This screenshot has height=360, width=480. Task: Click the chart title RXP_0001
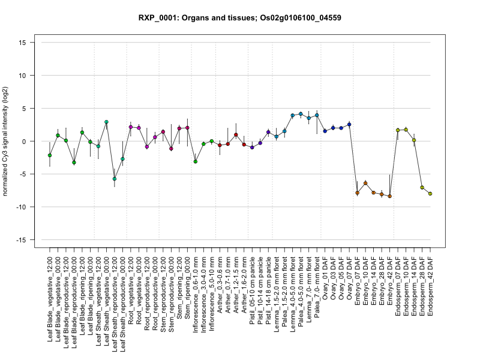(240, 18)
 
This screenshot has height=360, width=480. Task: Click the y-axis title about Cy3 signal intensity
(8, 141)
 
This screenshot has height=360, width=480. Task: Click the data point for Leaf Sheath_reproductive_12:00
(115, 179)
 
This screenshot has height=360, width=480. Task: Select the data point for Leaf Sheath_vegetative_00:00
(106, 122)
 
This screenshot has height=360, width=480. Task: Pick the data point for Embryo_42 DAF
(389, 196)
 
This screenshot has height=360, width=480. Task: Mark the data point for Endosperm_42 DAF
(430, 194)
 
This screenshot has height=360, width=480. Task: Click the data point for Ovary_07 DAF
(349, 124)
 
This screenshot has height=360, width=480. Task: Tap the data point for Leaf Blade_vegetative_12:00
(50, 155)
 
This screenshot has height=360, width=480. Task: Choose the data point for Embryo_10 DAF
(365, 183)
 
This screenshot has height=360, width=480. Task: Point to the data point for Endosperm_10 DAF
(406, 130)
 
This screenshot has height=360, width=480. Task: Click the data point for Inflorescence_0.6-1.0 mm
(196, 161)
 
